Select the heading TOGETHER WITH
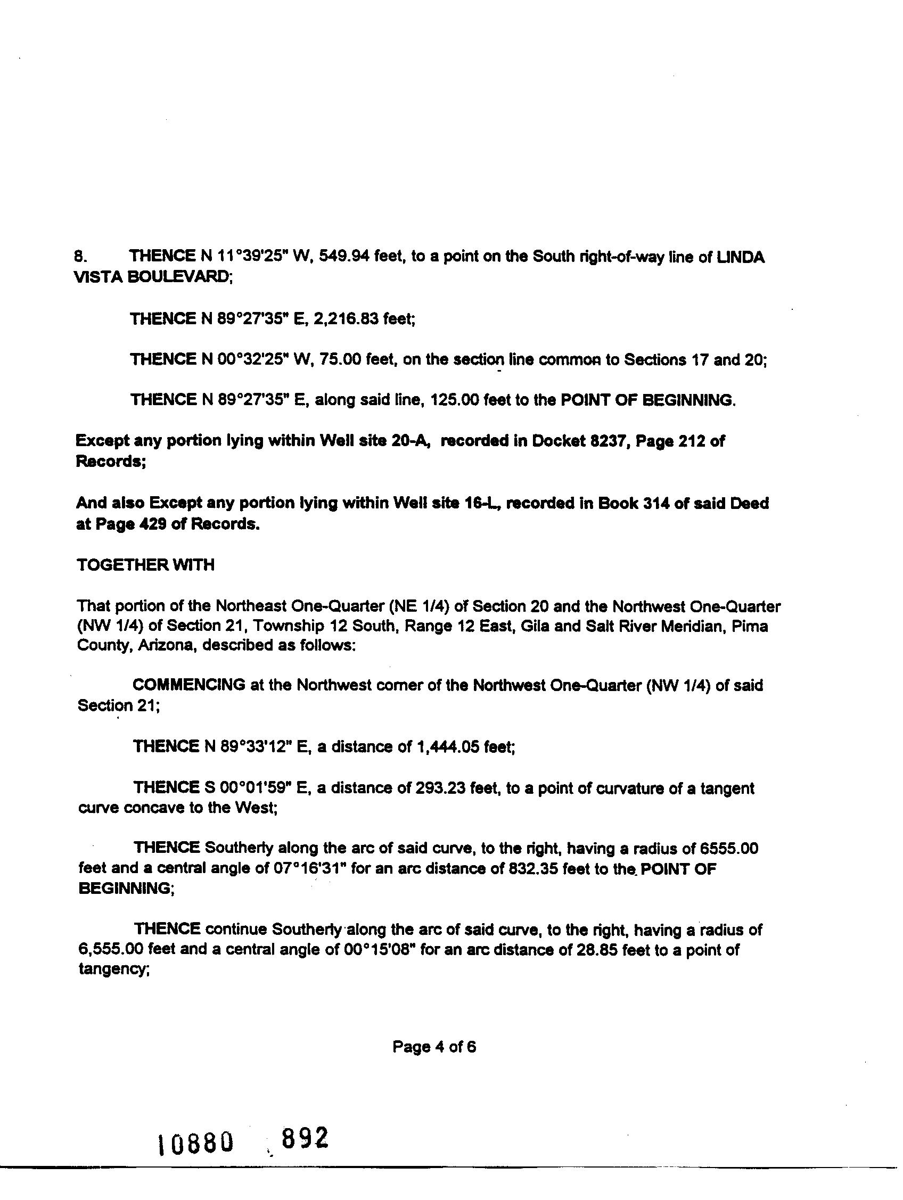click(145, 565)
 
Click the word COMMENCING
click(189, 685)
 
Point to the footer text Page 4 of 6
click(434, 1047)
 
